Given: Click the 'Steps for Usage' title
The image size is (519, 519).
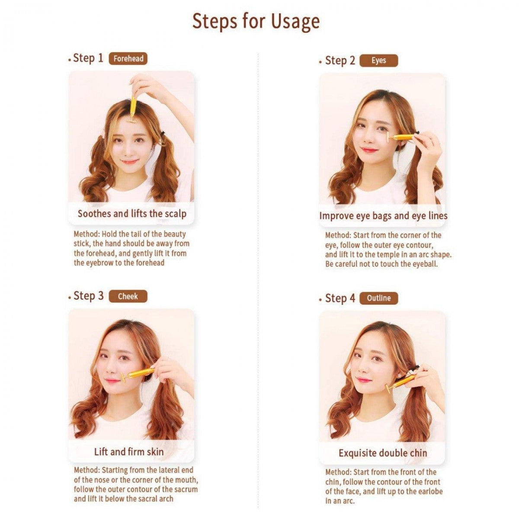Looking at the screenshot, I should pyautogui.click(x=256, y=22).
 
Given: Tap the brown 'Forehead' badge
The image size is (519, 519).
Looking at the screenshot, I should pyautogui.click(x=128, y=58).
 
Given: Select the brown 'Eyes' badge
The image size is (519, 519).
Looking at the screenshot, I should pyautogui.click(x=378, y=61).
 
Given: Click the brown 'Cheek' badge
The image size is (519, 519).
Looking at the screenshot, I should pyautogui.click(x=128, y=296).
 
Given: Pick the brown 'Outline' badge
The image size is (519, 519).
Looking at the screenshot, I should pyautogui.click(x=378, y=298).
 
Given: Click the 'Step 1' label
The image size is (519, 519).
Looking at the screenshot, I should pyautogui.click(x=88, y=58).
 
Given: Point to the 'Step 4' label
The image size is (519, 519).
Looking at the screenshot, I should pyautogui.click(x=340, y=298).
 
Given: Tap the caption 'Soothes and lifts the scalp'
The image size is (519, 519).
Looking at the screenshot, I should pyautogui.click(x=131, y=214).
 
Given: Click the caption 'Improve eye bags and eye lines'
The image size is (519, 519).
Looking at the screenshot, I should pyautogui.click(x=383, y=215).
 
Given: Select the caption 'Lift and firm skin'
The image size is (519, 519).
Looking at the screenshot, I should pyautogui.click(x=129, y=452).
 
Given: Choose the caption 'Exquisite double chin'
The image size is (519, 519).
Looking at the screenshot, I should pyautogui.click(x=383, y=453).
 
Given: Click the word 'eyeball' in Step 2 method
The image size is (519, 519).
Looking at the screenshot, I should pyautogui.click(x=424, y=264).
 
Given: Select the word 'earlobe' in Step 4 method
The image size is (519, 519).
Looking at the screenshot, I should pyautogui.click(x=428, y=491).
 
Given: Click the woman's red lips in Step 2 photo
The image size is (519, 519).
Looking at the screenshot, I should pyautogui.click(x=370, y=150).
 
